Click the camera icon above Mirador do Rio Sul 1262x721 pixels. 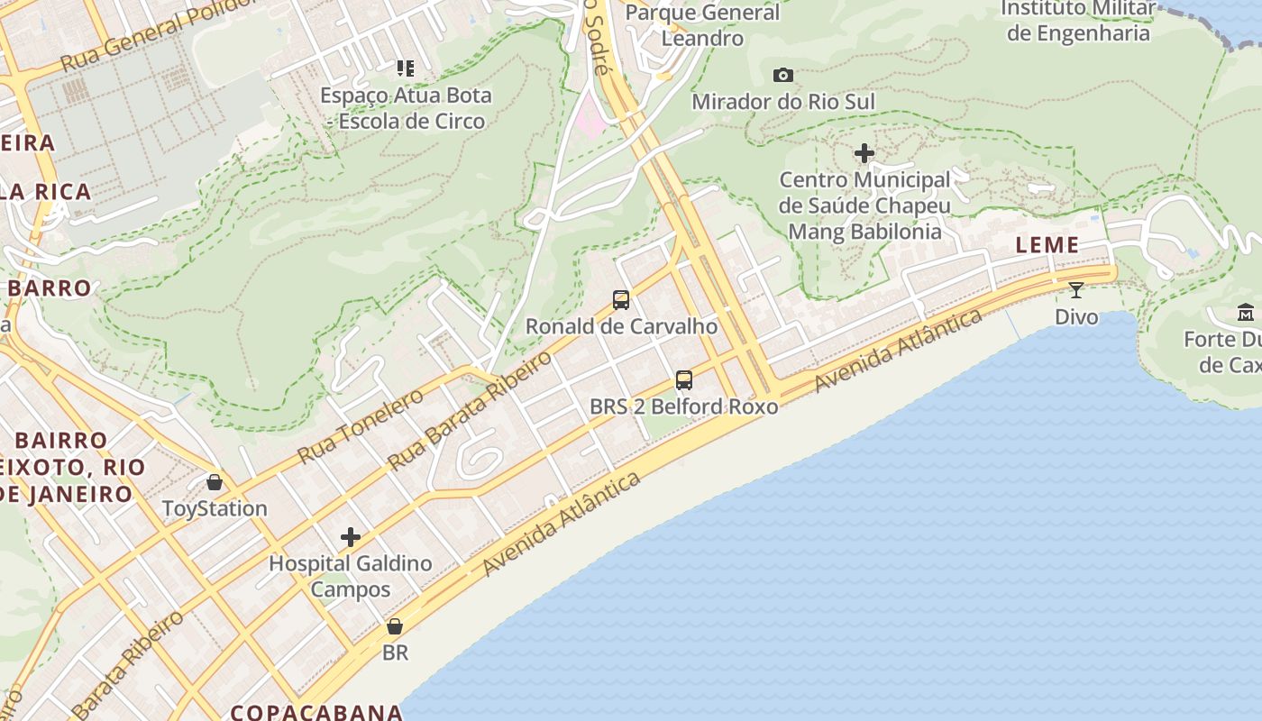click(783, 76)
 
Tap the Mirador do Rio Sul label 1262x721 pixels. click(782, 102)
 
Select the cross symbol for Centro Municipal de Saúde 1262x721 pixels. click(864, 154)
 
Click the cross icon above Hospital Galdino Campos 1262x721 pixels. click(351, 538)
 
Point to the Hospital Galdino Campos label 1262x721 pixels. click(351, 577)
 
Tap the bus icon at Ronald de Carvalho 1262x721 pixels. click(621, 300)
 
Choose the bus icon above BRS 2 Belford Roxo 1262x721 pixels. click(684, 380)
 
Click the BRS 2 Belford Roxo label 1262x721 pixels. click(683, 406)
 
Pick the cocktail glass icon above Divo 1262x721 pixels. click(1076, 290)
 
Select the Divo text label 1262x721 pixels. click(1076, 316)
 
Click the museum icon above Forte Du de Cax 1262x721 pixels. click(1246, 313)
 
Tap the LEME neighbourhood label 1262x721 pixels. click(1047, 245)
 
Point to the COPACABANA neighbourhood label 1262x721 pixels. click(315, 712)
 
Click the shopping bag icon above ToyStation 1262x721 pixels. click(215, 482)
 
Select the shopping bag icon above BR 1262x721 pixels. click(395, 626)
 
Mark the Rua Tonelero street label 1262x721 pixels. click(360, 426)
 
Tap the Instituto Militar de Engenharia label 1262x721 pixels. click(1078, 21)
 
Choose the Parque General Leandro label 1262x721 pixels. click(702, 25)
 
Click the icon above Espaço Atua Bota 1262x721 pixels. click(406, 68)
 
